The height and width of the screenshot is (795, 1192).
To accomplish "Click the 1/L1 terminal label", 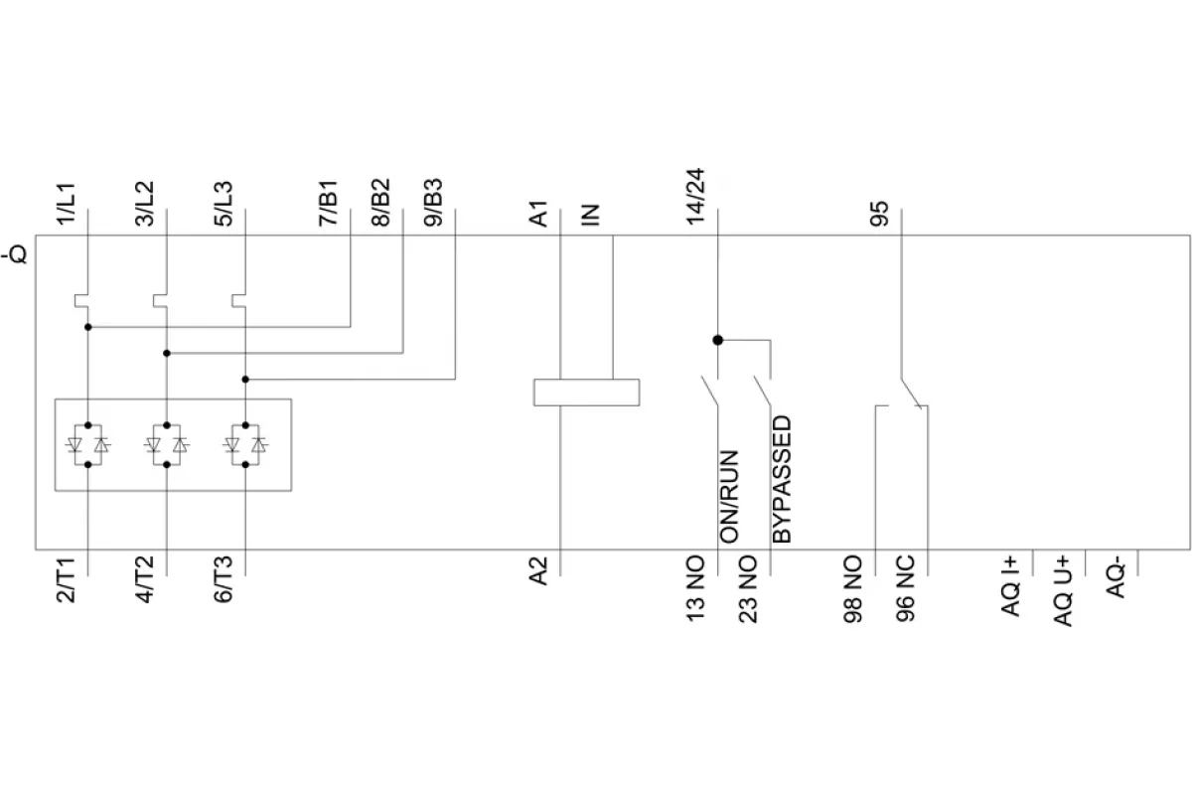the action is [67, 204].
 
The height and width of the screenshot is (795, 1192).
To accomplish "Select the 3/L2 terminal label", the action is [144, 204].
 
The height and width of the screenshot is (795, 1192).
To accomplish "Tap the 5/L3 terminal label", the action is [223, 204].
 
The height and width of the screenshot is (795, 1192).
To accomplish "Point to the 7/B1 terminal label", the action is [329, 203].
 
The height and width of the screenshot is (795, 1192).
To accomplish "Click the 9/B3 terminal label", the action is [433, 203].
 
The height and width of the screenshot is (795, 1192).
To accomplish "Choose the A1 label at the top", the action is [538, 214].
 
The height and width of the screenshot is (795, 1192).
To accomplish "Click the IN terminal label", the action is [590, 215].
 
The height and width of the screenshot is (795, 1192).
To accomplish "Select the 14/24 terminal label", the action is [695, 197].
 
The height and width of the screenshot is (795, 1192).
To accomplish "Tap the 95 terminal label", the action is [879, 214].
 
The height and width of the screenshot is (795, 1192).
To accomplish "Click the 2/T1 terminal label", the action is [67, 580].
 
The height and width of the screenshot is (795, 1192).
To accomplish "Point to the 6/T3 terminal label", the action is [223, 579].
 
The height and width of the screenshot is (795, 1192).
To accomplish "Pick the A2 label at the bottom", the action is [538, 571].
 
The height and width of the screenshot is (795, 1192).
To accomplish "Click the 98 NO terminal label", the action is [853, 589].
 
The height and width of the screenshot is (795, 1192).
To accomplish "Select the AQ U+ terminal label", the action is [1063, 591].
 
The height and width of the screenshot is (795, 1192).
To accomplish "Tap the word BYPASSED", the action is [782, 479].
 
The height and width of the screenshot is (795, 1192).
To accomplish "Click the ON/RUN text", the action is [729, 497].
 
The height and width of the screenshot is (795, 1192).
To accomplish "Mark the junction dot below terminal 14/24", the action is [718, 340].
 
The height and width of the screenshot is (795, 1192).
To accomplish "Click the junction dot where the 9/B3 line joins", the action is [245, 380].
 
